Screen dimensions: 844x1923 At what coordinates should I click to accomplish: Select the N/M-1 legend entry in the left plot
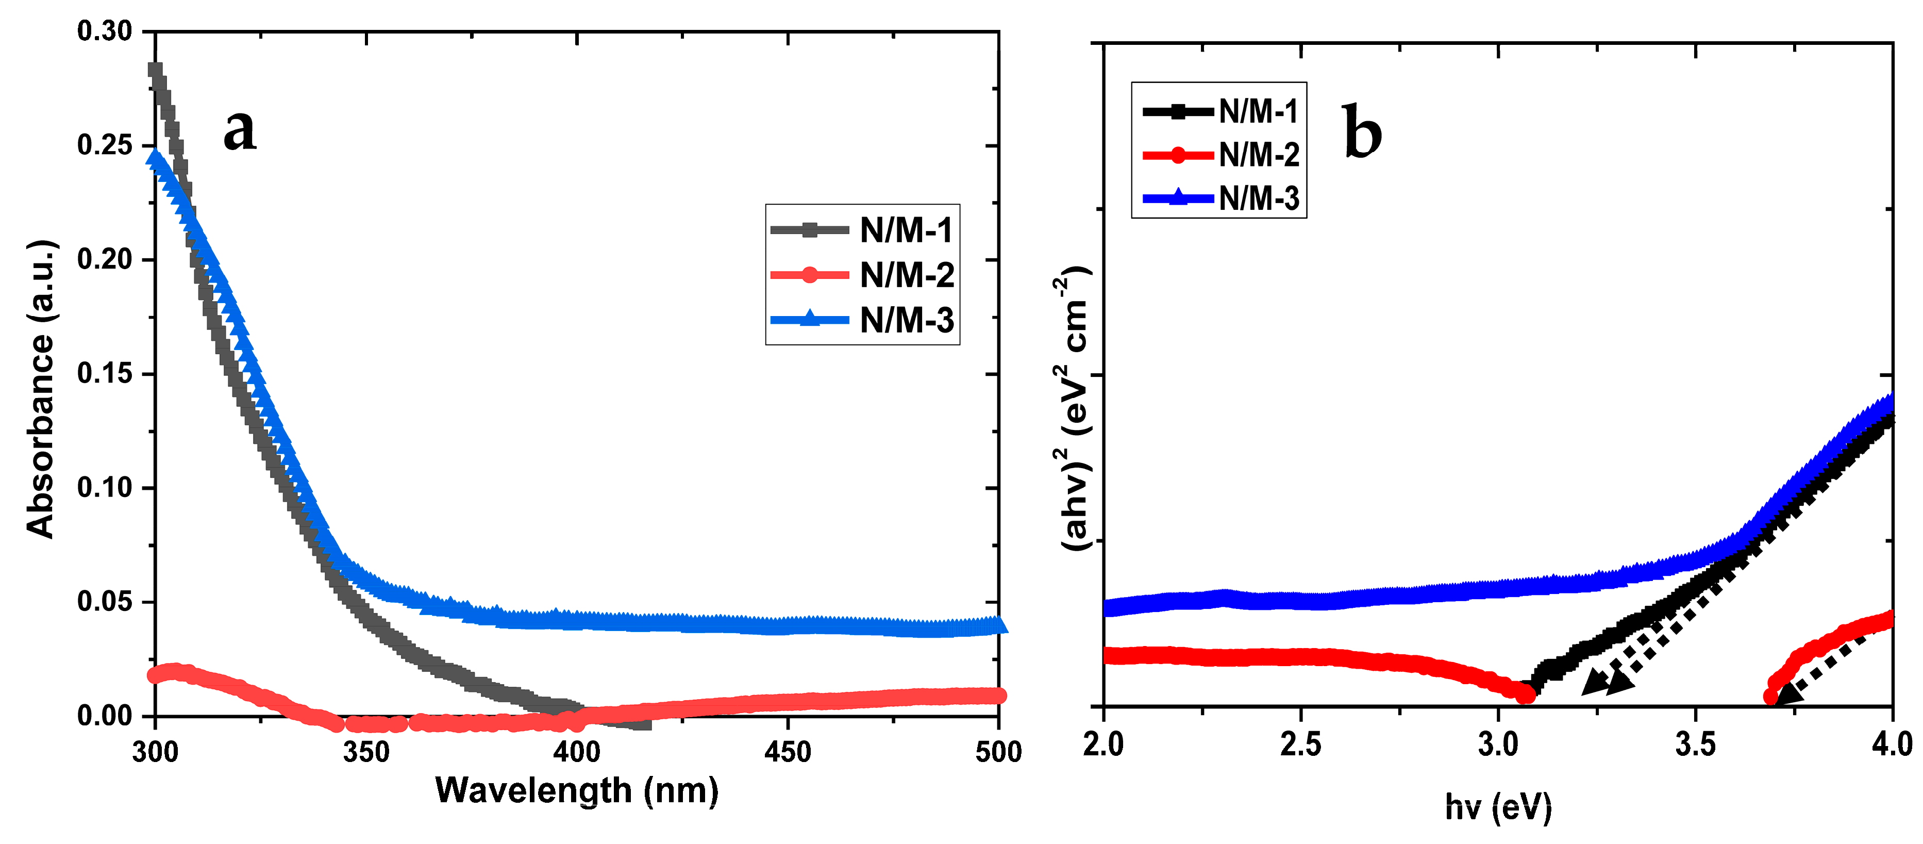tap(862, 230)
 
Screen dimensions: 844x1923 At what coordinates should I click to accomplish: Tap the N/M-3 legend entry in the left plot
tap(862, 320)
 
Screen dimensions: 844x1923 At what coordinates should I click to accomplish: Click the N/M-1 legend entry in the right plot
tap(1220, 112)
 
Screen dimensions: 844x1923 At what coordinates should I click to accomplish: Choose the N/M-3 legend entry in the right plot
tap(1220, 198)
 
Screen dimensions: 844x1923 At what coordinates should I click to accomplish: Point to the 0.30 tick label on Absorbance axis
tap(105, 31)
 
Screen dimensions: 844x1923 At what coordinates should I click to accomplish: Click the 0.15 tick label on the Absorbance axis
tap(105, 373)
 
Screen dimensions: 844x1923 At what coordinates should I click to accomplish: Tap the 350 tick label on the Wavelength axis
tap(366, 751)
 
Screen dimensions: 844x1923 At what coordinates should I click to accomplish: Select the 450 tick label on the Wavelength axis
tap(788, 751)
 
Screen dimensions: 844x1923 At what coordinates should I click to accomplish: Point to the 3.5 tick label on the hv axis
tap(1695, 744)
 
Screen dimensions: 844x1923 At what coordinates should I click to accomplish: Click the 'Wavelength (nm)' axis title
tap(576, 791)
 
